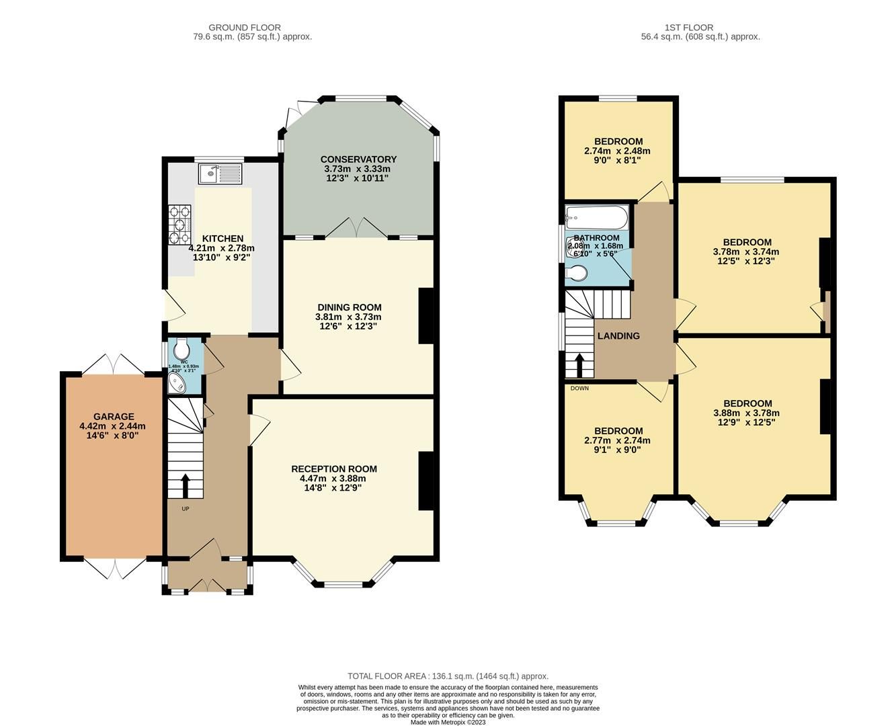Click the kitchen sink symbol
[x=220, y=174]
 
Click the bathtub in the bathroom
[x=597, y=216]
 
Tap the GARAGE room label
[x=113, y=416]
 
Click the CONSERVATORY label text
[x=358, y=159]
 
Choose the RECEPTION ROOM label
[x=333, y=469]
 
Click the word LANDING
[x=618, y=335]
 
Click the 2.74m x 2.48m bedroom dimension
[x=617, y=151]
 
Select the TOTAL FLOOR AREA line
[x=448, y=676]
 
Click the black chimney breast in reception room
[x=426, y=481]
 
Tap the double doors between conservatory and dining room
[x=356, y=228]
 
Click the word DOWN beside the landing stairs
[x=579, y=388]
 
